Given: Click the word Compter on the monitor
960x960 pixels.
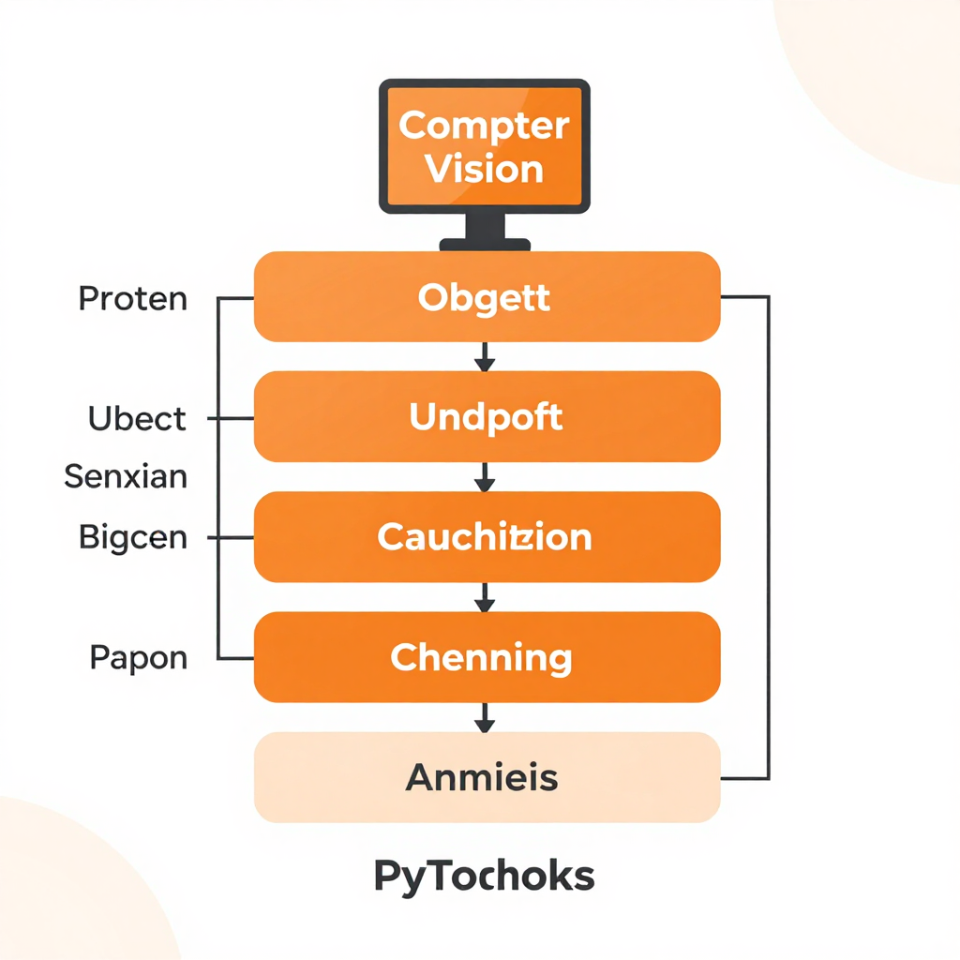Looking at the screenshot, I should click(x=484, y=126).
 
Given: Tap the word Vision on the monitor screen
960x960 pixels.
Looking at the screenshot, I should click(x=484, y=170).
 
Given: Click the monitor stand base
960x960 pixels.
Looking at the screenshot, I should click(x=485, y=244).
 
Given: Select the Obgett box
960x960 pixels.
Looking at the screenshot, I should click(x=487, y=296).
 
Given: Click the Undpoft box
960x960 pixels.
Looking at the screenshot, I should click(x=487, y=416).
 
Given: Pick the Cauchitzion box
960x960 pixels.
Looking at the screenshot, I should click(x=487, y=537).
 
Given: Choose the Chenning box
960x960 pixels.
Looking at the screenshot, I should click(x=487, y=657).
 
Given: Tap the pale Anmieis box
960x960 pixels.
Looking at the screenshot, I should click(x=487, y=777).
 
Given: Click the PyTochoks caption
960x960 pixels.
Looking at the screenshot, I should click(x=484, y=877).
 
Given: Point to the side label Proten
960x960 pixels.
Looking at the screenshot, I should click(x=132, y=299).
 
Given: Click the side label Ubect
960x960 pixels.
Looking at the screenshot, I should click(x=137, y=418).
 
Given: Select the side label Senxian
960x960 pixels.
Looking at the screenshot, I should click(x=126, y=477).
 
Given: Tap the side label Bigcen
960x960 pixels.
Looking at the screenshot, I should click(x=132, y=538).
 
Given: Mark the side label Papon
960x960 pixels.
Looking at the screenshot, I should click(x=138, y=657).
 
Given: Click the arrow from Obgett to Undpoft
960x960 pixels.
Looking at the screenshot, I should click(x=484, y=356).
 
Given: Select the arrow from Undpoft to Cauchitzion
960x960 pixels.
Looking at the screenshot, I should click(x=484, y=476).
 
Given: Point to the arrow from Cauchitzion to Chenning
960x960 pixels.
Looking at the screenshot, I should click(x=484, y=597).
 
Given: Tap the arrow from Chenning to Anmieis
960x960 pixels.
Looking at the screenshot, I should click(x=484, y=717).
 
